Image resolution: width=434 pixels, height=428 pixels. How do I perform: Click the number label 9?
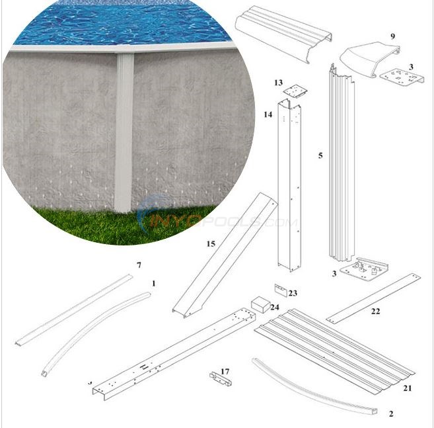click(x=393, y=36)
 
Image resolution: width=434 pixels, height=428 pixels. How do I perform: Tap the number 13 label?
click(x=278, y=82)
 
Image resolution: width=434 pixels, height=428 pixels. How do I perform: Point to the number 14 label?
click(x=268, y=114)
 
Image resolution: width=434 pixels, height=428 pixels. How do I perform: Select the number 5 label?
click(x=320, y=155)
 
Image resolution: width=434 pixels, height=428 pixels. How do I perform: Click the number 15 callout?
click(x=211, y=244)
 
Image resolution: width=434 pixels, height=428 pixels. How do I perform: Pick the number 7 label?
click(x=139, y=265)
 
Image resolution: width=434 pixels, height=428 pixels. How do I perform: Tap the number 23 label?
click(x=293, y=293)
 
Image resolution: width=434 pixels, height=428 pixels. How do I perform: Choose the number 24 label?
click(x=274, y=307)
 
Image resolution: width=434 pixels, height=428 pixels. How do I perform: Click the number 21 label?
click(x=407, y=388)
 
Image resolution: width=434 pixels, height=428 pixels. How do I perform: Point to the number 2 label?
click(x=391, y=414)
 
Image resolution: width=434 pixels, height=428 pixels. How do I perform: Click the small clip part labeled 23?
click(x=280, y=290)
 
